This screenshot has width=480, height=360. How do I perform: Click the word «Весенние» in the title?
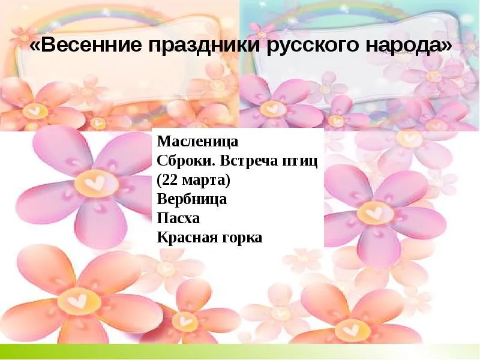tap(86, 45)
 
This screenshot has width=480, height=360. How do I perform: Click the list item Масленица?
tap(197, 142)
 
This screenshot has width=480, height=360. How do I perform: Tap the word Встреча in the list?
tap(248, 161)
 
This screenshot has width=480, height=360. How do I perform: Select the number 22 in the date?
tap(171, 181)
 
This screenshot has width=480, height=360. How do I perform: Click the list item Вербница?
tap(192, 199)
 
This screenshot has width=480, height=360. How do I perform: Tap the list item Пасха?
tap(178, 218)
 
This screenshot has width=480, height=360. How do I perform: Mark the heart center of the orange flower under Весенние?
tap(35, 110)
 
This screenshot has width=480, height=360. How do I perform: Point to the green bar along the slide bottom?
tap(240, 352)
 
